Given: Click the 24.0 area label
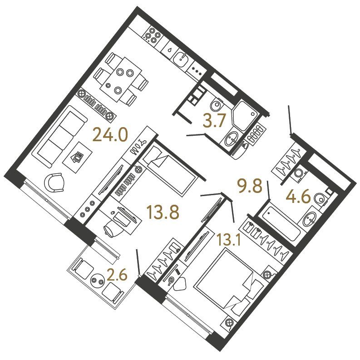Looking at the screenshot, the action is pos(109,135).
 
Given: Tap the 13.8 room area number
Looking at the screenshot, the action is pos(163,212).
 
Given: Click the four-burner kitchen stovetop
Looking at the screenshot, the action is pos(152,35).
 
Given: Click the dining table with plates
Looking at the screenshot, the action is pos(123,79).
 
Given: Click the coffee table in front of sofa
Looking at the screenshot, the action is pos(78,157).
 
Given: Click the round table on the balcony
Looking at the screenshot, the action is pos(98,280).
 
